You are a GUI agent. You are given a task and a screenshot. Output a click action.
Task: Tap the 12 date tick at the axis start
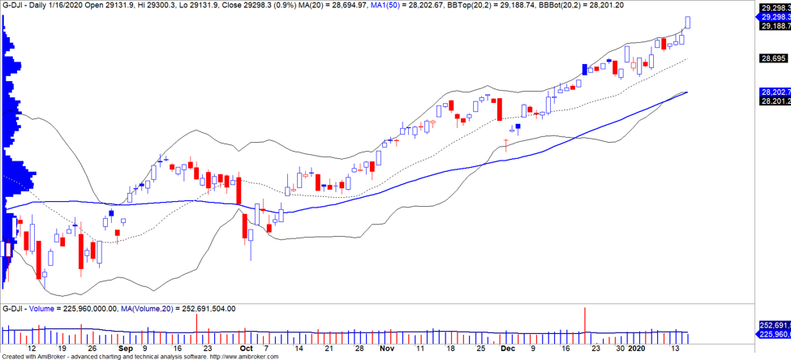click(x=31, y=348)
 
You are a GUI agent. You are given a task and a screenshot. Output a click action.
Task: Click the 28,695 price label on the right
click(x=773, y=58)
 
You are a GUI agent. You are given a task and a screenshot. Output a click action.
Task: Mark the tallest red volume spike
click(x=585, y=324)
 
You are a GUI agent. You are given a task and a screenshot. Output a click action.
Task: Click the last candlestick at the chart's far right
click(x=689, y=22)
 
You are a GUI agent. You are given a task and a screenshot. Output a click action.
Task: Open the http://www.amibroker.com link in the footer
click(x=244, y=357)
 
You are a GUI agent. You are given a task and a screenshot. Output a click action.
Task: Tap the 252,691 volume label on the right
click(x=773, y=324)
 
